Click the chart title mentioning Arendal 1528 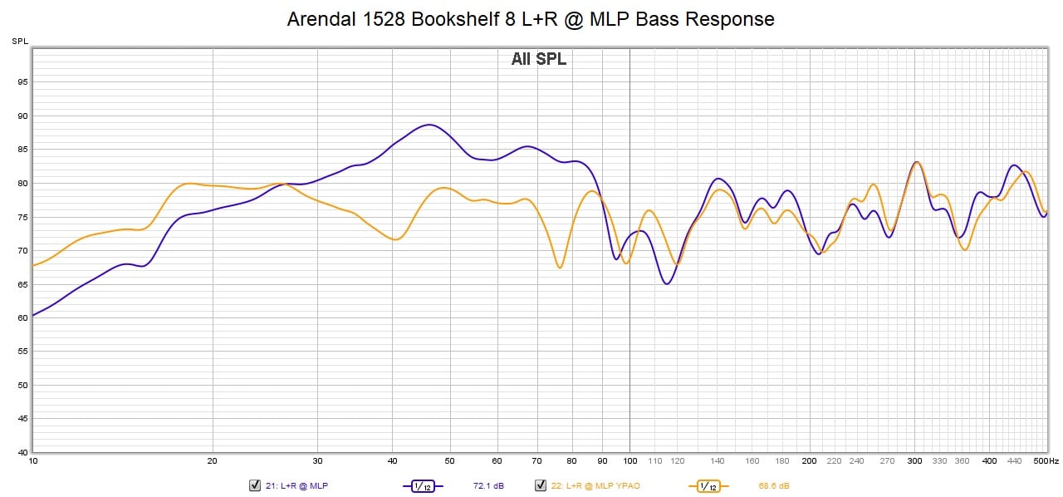tap(531, 19)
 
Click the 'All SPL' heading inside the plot tap(538, 59)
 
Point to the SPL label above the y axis tap(19, 41)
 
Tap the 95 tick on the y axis tap(23, 82)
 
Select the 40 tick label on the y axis tap(23, 452)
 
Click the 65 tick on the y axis tap(23, 284)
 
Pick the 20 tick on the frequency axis tap(213, 460)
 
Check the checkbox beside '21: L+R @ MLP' tap(255, 485)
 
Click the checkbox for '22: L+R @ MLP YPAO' tap(541, 485)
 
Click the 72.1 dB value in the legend tap(488, 485)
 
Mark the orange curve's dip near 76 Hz tap(560, 268)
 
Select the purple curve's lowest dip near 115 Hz tap(667, 284)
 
